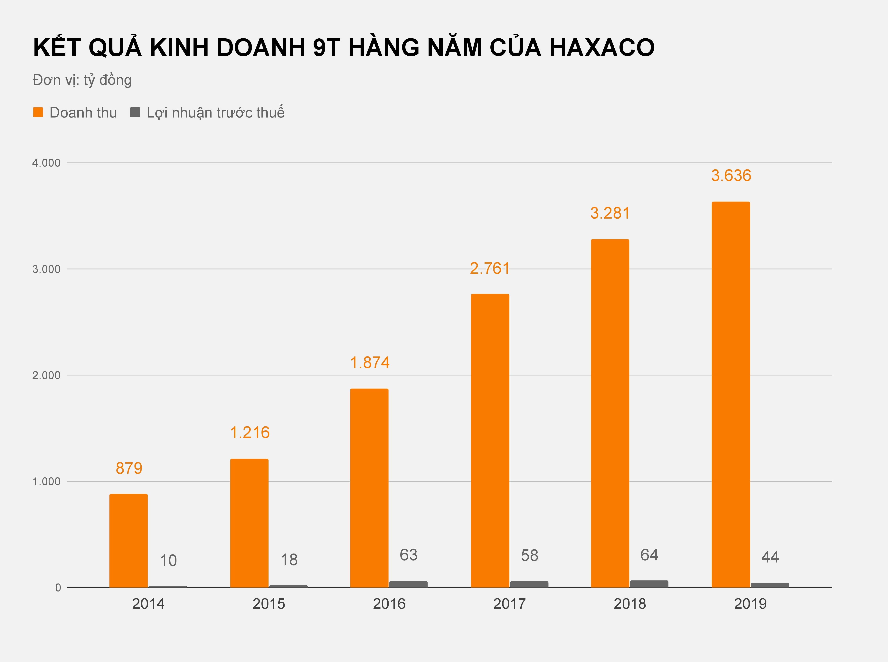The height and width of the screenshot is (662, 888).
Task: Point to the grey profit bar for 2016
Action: [x=408, y=584]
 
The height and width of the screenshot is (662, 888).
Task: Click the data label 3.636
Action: [x=731, y=175]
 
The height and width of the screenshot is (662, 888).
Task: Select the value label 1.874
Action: [x=369, y=363]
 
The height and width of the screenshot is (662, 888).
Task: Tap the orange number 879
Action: [x=129, y=468]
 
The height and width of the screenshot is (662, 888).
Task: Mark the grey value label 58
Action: [x=529, y=555]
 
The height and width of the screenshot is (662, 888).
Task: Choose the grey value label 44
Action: [x=770, y=557]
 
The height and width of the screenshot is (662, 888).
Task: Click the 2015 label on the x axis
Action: [x=269, y=604]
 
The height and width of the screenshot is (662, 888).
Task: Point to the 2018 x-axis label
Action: [x=629, y=604]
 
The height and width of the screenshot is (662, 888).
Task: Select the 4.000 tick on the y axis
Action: [x=46, y=163]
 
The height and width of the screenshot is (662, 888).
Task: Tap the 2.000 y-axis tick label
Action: [x=46, y=375]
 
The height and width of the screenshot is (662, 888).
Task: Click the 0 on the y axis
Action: [x=58, y=587]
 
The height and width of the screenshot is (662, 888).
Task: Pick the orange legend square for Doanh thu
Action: [x=38, y=112]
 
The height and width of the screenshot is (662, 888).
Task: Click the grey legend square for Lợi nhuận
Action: [x=135, y=112]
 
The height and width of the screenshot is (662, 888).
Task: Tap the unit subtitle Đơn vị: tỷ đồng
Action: [x=82, y=80]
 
